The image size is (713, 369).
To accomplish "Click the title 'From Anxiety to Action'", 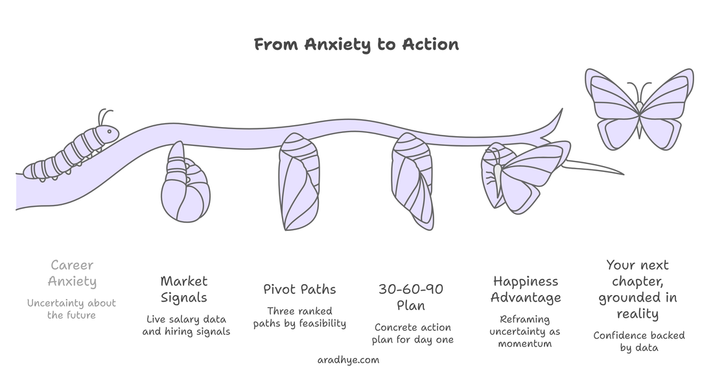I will [x=356, y=44].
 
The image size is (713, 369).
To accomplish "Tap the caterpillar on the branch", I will [x=71, y=152].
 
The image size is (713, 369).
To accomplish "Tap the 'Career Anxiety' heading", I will [x=72, y=273].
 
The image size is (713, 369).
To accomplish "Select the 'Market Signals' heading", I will [x=184, y=289].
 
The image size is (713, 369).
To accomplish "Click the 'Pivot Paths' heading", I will [x=299, y=289].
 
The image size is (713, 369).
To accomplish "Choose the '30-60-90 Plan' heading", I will [x=412, y=297].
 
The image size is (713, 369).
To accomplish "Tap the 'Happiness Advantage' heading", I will [x=526, y=289].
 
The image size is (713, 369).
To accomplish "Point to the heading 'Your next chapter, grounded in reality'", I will [x=638, y=289].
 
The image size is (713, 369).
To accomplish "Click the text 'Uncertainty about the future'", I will [x=72, y=309].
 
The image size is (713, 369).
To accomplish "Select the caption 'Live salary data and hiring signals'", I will [x=186, y=326].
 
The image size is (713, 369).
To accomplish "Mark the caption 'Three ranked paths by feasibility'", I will [x=299, y=317].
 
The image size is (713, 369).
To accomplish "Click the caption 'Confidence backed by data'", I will [x=639, y=341].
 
